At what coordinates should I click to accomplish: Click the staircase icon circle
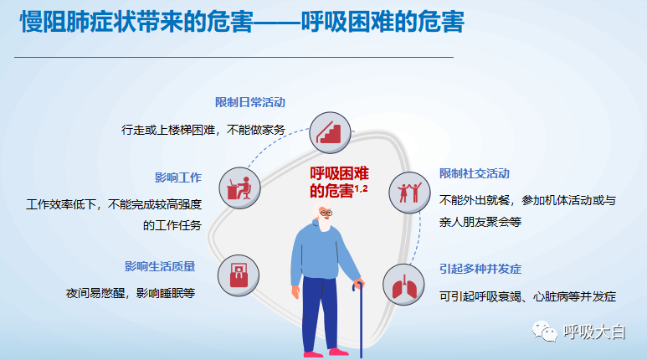point(330,132)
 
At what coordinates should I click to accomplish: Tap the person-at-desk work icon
point(239,188)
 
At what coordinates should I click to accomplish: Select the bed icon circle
point(239,275)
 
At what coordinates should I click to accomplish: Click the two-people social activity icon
point(409,193)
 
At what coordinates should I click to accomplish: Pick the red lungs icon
point(403,285)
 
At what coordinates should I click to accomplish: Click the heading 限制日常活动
point(250,102)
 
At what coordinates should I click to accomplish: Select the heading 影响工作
point(178,177)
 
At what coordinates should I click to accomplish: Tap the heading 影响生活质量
point(160,266)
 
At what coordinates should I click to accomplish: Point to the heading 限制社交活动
point(475,173)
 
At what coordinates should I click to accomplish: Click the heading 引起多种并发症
point(480,270)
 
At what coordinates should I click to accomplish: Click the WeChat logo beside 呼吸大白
point(545,331)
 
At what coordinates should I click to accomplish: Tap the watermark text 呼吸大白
point(594,332)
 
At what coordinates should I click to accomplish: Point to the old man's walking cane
point(360,318)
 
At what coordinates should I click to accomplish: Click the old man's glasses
point(326,213)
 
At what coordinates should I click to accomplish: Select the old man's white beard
point(324,223)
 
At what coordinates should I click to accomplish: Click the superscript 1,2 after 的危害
point(361,188)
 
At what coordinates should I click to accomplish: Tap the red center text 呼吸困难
point(339,173)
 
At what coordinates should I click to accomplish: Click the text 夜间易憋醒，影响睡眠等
point(131,293)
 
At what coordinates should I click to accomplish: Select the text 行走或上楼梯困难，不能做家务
point(203,130)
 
